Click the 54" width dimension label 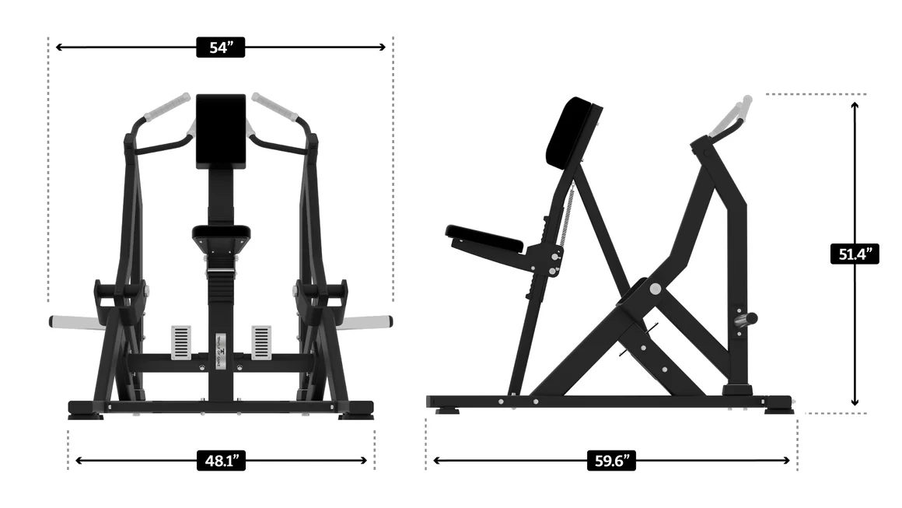coord(221,47)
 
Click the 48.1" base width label coord(221,461)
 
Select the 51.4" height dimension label coord(855,254)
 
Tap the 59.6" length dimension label coord(611,461)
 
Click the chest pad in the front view coord(221,131)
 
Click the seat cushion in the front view coord(222,232)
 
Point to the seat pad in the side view coord(484,237)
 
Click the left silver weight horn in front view coord(75,321)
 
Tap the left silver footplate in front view coord(181,342)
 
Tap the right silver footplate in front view coord(261,342)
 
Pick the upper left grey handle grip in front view coord(166,107)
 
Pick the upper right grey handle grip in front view coord(274,107)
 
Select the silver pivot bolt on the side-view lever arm coord(656,289)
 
